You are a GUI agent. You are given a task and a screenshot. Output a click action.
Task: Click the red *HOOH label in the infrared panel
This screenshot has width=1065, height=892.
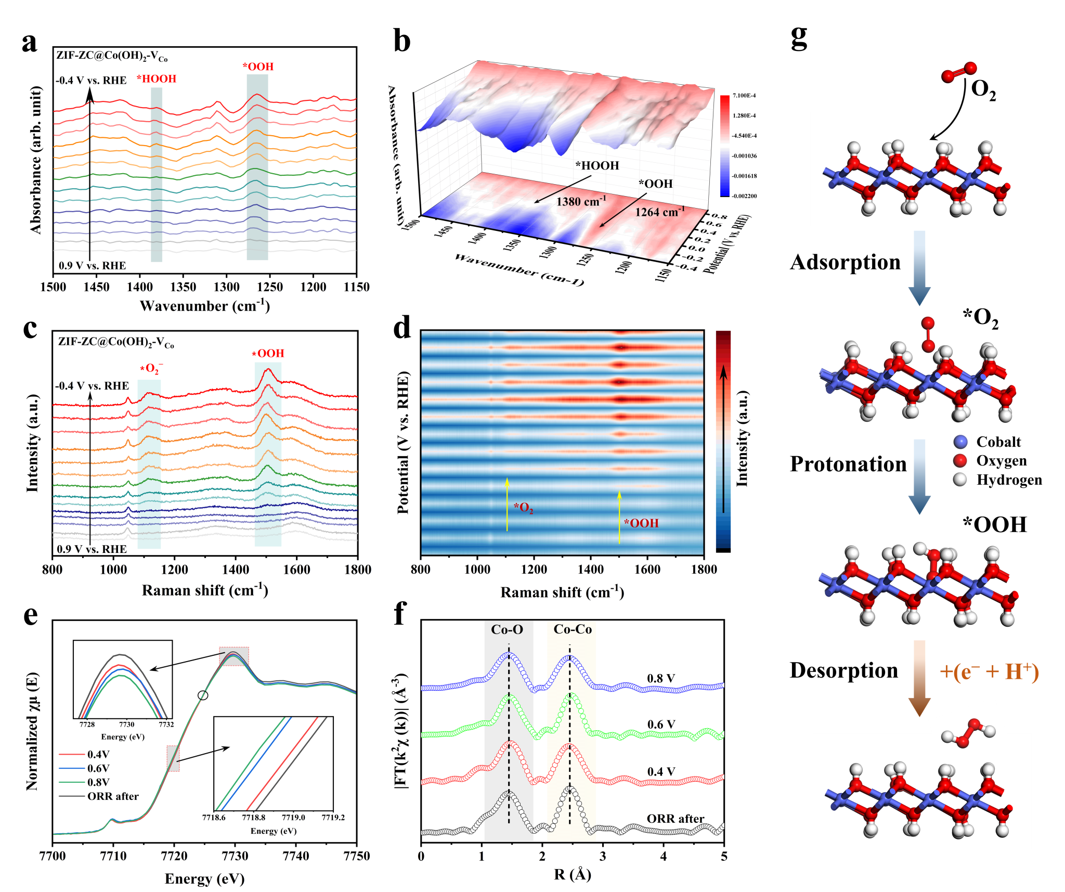point(157,79)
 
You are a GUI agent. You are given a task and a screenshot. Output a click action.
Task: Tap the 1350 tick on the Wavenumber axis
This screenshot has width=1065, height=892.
point(183,287)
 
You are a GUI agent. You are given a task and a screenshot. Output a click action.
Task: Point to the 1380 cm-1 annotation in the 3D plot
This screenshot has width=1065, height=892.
point(581,201)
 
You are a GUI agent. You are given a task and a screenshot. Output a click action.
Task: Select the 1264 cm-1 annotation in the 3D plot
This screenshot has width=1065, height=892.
point(659,212)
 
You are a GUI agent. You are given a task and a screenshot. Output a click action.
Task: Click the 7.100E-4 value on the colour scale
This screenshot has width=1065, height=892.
point(744,96)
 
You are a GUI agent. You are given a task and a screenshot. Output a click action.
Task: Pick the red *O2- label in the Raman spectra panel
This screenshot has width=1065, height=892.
point(151,369)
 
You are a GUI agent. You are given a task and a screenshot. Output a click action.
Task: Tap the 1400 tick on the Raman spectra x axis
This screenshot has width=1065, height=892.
point(236,570)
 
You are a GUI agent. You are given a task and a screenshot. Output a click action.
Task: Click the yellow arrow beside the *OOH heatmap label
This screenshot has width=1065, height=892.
point(619,518)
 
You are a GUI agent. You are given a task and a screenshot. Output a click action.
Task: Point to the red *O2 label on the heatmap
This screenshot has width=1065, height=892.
point(523,508)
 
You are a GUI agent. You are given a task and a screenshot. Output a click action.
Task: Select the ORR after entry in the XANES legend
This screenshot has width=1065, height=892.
point(113,796)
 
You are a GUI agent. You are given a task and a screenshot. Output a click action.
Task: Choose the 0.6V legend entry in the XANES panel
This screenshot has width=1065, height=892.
point(98,768)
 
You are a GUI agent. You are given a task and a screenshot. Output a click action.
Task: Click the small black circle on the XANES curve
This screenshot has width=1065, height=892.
point(203,695)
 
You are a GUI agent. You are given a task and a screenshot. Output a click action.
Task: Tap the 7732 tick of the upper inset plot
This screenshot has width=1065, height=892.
point(166,725)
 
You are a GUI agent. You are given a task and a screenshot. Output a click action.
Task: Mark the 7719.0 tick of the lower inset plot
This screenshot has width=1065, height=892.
point(293,817)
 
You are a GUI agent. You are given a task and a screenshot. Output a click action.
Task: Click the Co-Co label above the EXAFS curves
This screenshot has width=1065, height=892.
point(573,629)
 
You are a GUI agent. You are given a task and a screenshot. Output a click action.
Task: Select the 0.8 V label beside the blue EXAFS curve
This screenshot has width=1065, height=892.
point(661,678)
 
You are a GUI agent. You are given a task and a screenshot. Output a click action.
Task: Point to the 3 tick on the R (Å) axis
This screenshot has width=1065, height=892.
point(603,856)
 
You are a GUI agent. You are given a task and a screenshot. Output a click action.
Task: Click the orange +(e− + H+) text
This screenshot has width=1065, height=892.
point(989,672)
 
